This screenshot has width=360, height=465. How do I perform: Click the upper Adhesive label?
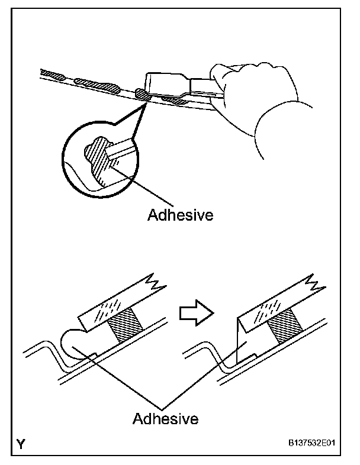179,215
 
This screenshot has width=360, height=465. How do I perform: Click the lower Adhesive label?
165,419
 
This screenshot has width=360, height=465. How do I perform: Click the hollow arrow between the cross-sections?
195,312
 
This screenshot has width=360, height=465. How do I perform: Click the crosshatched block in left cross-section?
125,327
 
